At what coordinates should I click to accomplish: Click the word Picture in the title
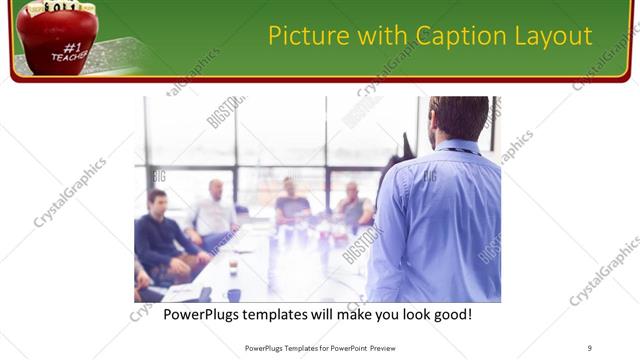(305, 37)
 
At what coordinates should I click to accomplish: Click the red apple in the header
(56, 38)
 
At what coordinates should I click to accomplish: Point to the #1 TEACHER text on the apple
(71, 51)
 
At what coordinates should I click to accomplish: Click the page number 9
(590, 347)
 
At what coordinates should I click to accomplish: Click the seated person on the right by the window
(353, 205)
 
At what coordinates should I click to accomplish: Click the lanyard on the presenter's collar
(461, 150)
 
